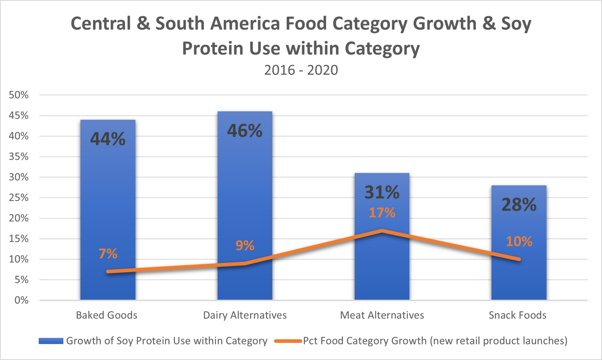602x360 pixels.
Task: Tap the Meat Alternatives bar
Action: (382, 264)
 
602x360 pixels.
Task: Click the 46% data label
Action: (245, 131)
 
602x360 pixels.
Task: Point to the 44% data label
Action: (108, 139)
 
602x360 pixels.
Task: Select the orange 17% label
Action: (382, 213)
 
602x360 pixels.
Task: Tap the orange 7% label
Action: (108, 254)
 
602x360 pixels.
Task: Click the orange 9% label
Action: (245, 245)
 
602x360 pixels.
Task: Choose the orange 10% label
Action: (519, 242)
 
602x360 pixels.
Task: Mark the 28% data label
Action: (519, 205)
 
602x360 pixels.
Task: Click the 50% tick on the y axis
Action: (19, 95)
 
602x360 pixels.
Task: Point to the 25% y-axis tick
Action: (19, 198)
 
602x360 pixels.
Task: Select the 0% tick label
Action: (21, 300)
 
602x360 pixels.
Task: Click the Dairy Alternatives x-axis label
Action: (245, 315)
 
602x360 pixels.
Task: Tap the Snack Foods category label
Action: (517, 315)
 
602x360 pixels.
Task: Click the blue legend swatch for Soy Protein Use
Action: (51, 341)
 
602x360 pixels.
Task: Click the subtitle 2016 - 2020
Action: (301, 70)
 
